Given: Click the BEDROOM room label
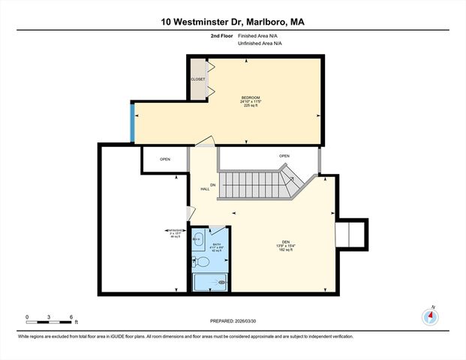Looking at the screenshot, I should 251,97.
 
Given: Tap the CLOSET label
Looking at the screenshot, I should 197,79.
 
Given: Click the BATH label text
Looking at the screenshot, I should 216,244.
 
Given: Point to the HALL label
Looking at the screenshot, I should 204,189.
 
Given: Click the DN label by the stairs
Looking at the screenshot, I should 212,184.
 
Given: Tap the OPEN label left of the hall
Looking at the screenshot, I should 164,159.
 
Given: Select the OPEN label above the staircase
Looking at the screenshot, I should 284,156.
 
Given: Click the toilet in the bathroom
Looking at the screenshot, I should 199,262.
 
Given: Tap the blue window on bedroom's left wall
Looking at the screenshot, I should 133,122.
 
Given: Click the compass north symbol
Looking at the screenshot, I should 431,316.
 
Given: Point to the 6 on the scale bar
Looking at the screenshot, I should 71,316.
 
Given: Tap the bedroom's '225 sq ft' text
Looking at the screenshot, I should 251,106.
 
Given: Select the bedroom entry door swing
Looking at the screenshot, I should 204,140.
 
